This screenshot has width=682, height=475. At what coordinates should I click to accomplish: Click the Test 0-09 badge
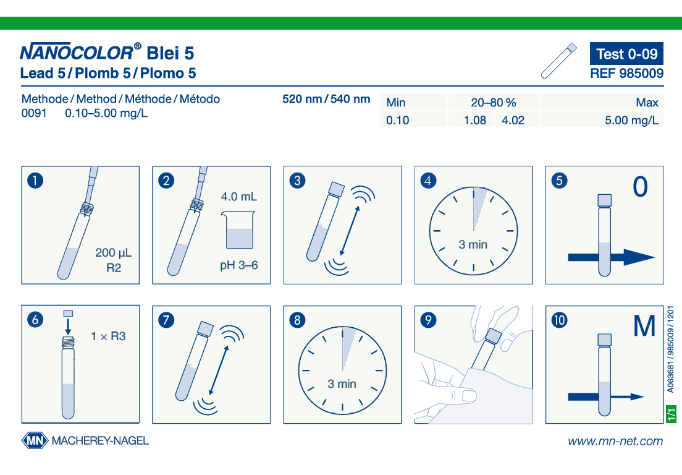[x=626, y=54]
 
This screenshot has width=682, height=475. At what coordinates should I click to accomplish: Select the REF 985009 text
[x=627, y=73]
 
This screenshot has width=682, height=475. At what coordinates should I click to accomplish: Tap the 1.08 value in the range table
[x=475, y=120]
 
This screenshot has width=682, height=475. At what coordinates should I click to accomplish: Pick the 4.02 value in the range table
[x=513, y=120]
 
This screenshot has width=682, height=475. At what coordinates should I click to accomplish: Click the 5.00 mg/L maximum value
[x=631, y=120]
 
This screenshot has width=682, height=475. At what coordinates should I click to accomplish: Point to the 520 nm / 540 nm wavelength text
[x=326, y=99]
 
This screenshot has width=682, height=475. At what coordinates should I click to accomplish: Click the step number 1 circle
[x=35, y=180]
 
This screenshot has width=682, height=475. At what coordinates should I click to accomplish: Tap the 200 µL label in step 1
[x=113, y=252]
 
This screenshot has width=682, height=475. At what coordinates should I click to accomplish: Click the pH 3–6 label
[x=239, y=265]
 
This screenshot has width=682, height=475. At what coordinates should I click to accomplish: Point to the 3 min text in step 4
[x=473, y=244]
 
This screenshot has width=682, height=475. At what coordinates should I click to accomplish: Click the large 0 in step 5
[x=640, y=187]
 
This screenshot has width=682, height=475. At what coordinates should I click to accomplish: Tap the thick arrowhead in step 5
[x=639, y=257]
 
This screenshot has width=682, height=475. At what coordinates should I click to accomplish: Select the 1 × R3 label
[x=108, y=336]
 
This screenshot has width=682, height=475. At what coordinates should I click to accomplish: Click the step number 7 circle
[x=166, y=320]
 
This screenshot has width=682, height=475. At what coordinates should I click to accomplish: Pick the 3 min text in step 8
[x=342, y=383]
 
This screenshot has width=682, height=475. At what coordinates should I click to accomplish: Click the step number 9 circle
[x=429, y=320]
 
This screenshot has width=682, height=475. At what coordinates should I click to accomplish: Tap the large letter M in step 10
[x=644, y=326]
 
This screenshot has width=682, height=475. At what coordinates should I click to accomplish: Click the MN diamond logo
[x=35, y=440]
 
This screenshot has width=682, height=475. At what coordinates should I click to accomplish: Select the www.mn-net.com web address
[x=615, y=441]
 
